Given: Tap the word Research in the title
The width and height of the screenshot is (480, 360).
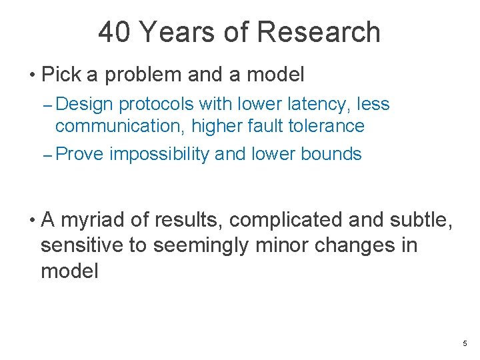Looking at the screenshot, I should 317,32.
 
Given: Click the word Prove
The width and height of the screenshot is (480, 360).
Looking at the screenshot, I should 79,155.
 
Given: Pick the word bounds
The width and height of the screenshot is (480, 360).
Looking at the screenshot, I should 331,155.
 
